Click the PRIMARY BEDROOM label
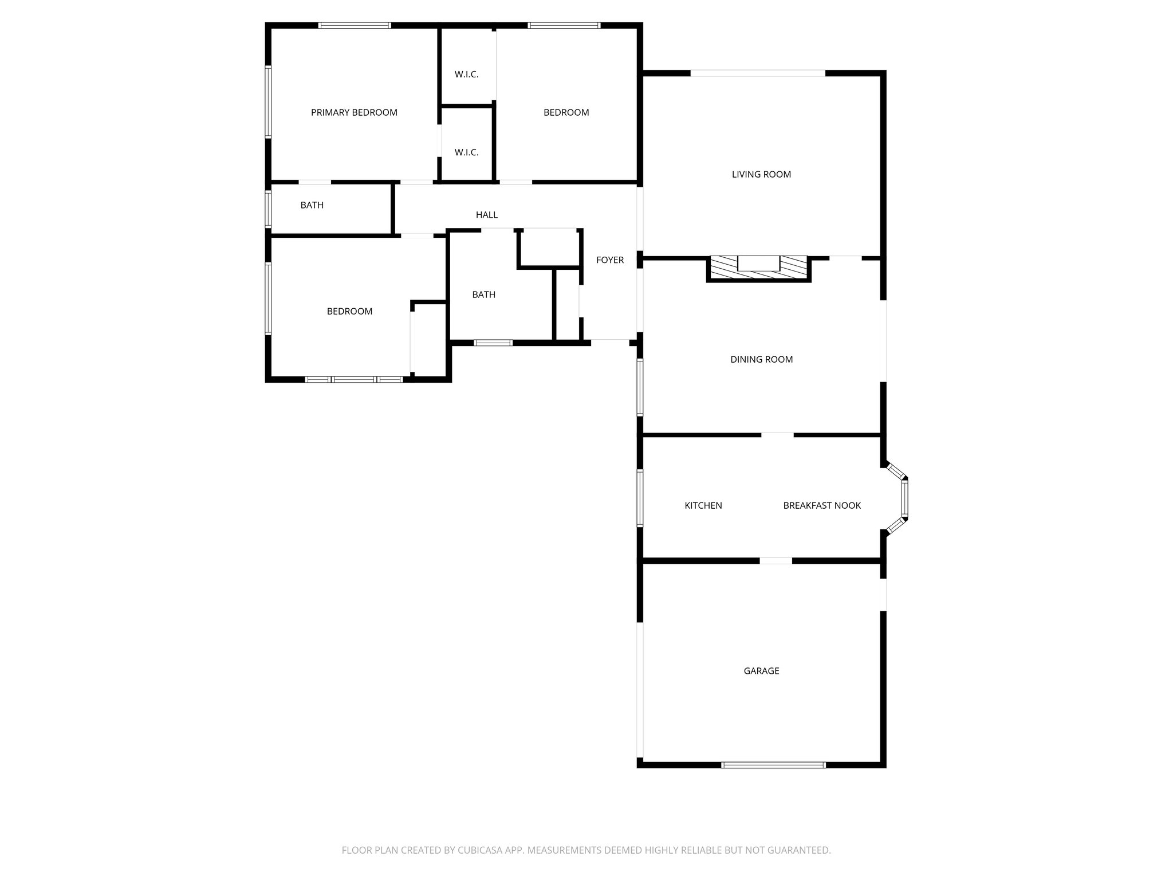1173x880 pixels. pos(354,112)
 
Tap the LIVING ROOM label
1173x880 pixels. pos(761,174)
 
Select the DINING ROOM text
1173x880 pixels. pos(761,359)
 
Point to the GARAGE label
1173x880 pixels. pos(761,671)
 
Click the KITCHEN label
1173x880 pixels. pos(703,505)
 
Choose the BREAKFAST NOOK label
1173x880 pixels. pos(822,505)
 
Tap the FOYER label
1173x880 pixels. pos(610,260)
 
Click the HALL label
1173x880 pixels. pos(487,215)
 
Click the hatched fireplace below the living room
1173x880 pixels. pos(759,268)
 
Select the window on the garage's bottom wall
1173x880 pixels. pos(773,764)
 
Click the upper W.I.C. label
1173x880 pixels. pos(466,74)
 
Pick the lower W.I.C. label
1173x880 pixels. pos(466,152)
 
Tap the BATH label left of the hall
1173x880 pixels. pos(312,205)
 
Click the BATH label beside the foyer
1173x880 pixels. pos(484,294)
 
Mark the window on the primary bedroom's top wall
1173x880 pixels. pos(355,25)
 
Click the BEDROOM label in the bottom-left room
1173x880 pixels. pos(349,311)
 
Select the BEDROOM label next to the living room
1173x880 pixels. pos(566,112)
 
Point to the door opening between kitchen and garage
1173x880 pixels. pos(776,560)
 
